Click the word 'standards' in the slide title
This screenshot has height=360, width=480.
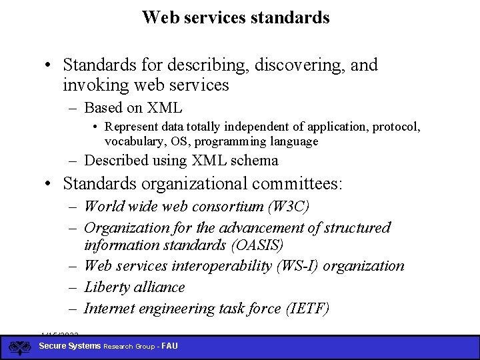tap(291, 17)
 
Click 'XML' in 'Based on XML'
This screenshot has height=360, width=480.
tap(166, 108)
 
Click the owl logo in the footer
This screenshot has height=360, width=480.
tap(19, 347)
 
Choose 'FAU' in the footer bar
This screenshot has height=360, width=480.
tap(169, 347)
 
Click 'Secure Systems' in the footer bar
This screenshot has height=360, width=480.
tap(70, 346)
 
